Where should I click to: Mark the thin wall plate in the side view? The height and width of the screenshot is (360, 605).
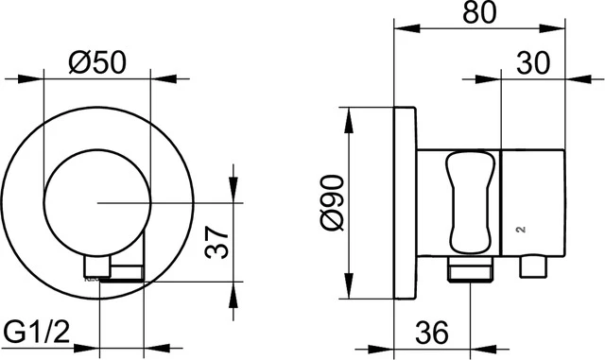[404, 202]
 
